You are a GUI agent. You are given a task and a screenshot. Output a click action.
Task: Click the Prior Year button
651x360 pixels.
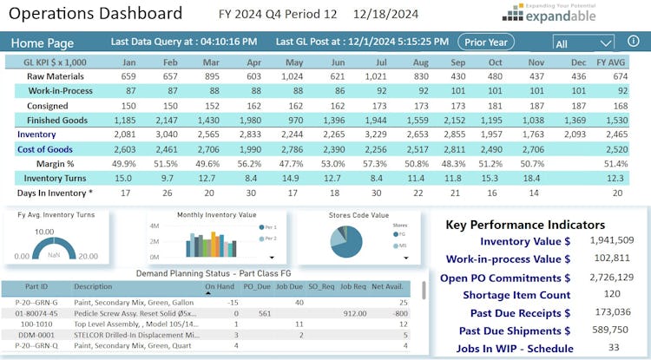point(486,42)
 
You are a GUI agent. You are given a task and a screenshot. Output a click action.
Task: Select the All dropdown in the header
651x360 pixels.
point(582,43)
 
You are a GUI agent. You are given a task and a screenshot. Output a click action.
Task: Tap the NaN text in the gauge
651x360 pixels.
point(55,256)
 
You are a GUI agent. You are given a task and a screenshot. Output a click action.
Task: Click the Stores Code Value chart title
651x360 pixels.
point(358,214)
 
